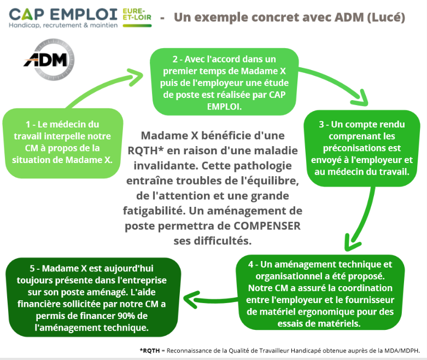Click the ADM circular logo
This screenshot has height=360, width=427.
[49, 60]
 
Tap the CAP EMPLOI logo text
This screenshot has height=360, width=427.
[63, 14]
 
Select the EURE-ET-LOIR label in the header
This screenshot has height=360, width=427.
[137, 14]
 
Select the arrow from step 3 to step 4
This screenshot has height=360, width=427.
[364, 218]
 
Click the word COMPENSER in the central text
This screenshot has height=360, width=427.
[267, 226]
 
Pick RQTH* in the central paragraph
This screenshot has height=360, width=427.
[145, 150]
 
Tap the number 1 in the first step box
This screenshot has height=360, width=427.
[28, 125]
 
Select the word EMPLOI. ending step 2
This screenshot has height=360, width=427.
[224, 107]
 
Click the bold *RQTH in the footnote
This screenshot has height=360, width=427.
[150, 351]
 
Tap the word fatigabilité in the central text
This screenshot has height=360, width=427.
[154, 211]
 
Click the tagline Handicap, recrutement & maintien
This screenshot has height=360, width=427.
[63, 25]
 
